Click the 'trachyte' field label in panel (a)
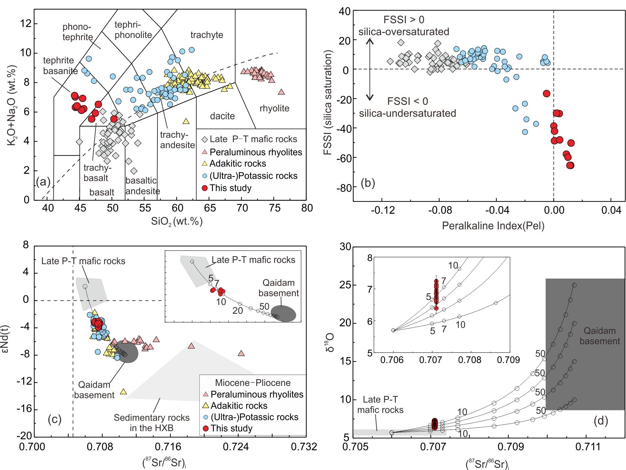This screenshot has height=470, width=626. pos(207,35)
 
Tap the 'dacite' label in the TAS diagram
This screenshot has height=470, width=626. pos(222,116)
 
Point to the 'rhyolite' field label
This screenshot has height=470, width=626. pos(274,109)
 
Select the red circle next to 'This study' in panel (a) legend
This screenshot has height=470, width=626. pos(205,188)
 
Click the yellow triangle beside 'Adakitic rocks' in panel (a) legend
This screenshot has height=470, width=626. pos(205,163)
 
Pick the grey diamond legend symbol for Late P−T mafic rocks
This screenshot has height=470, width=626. pos(205,139)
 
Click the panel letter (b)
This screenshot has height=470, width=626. pos(368,183)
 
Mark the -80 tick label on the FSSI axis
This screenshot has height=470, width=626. pos(342,188)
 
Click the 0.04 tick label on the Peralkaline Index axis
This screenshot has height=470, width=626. pos(611,210)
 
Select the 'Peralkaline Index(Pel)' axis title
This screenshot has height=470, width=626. pos(493,226)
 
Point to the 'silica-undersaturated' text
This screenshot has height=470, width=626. pos(407,113)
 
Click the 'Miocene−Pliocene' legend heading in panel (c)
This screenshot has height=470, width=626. pos(253,383)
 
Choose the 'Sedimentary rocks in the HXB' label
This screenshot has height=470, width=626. pos(151,423)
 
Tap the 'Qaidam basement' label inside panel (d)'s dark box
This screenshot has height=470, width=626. pos(600,336)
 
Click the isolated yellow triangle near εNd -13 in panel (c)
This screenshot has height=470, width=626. pos(123,392)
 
